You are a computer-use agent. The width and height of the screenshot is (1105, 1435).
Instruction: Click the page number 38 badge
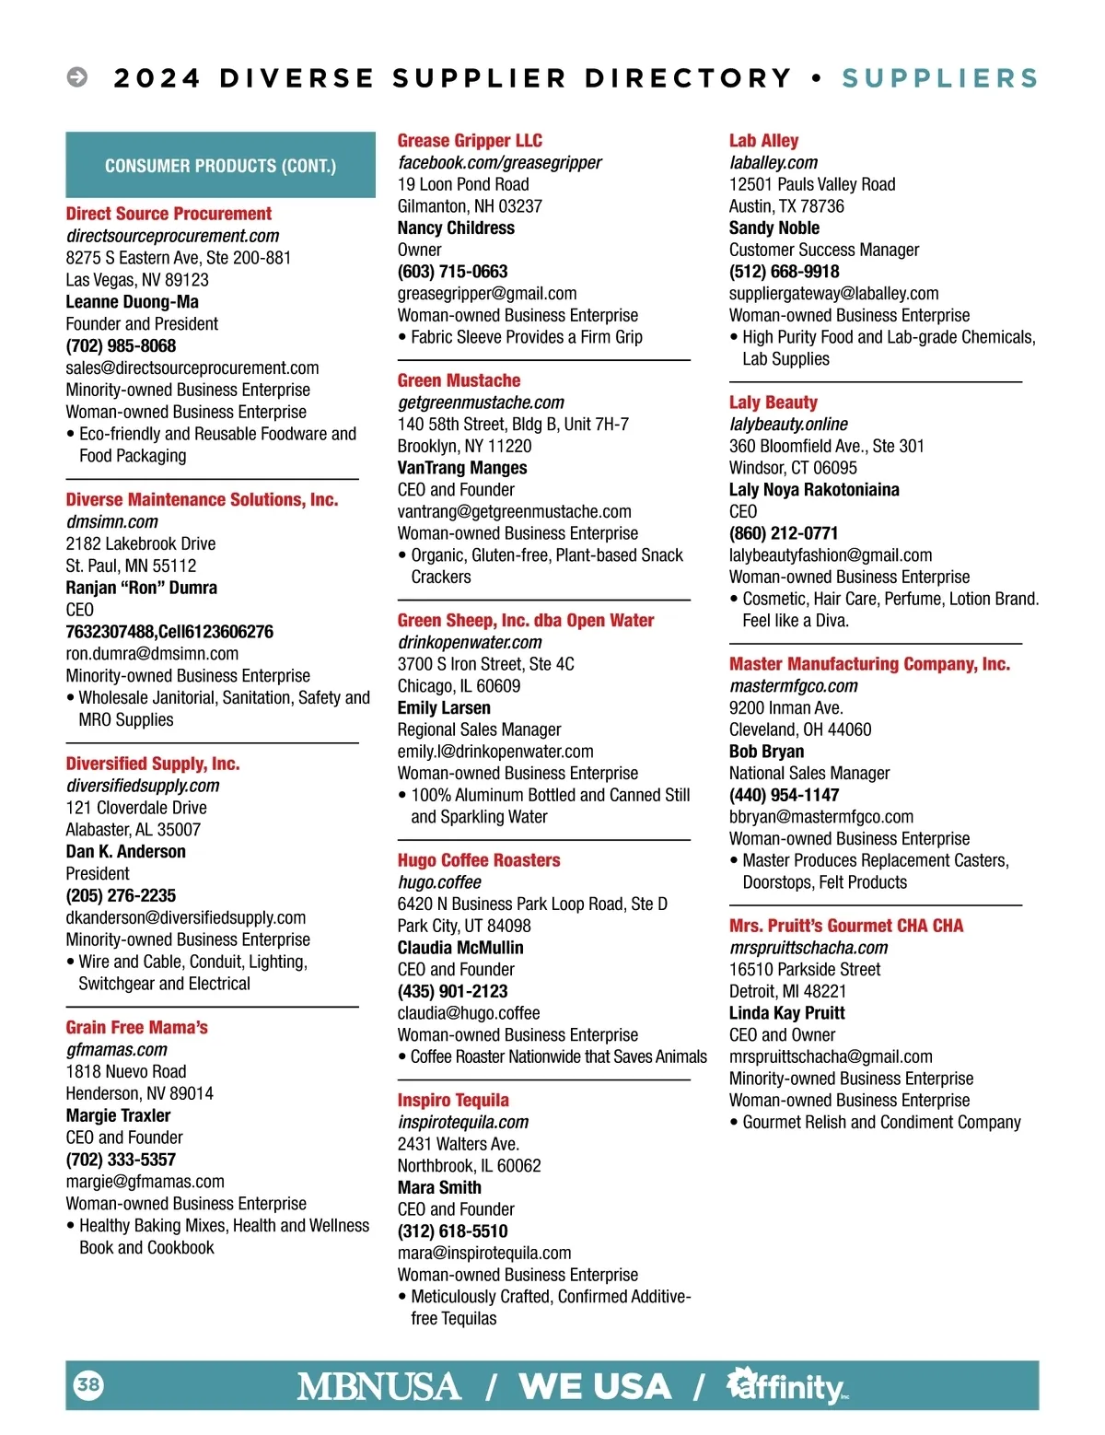[88, 1384]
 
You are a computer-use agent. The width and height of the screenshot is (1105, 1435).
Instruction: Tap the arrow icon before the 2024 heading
[77, 77]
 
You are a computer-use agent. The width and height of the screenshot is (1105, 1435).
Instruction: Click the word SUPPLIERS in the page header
[939, 78]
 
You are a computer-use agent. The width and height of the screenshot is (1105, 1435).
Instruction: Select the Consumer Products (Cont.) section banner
[220, 166]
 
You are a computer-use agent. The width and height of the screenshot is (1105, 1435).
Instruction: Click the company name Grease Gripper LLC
[470, 141]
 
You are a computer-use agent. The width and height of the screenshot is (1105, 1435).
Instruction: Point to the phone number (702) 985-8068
[121, 346]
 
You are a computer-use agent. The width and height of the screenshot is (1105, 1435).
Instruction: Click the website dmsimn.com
[112, 522]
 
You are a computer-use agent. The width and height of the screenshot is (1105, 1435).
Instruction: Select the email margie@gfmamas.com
[145, 1182]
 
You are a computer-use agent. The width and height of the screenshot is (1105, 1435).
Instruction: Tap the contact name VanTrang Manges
[462, 468]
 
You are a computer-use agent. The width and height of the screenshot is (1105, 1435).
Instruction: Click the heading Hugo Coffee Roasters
[479, 860]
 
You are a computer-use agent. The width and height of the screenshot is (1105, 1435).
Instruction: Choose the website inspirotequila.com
[463, 1122]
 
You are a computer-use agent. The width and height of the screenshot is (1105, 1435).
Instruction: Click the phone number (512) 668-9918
[785, 272]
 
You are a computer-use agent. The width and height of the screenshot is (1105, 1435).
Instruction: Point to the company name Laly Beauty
[773, 402]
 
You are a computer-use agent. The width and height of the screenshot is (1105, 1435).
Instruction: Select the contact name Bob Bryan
[766, 752]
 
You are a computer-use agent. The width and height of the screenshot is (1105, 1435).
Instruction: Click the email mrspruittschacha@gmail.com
[831, 1056]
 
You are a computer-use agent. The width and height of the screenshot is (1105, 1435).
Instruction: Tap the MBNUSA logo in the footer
[378, 1386]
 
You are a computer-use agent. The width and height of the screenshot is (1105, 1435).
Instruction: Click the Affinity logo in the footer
[787, 1386]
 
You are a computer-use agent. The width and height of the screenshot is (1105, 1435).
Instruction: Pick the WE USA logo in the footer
[595, 1386]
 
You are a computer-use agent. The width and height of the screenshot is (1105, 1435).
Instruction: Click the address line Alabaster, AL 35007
[133, 830]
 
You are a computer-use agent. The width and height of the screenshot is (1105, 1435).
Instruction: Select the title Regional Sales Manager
[479, 729]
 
